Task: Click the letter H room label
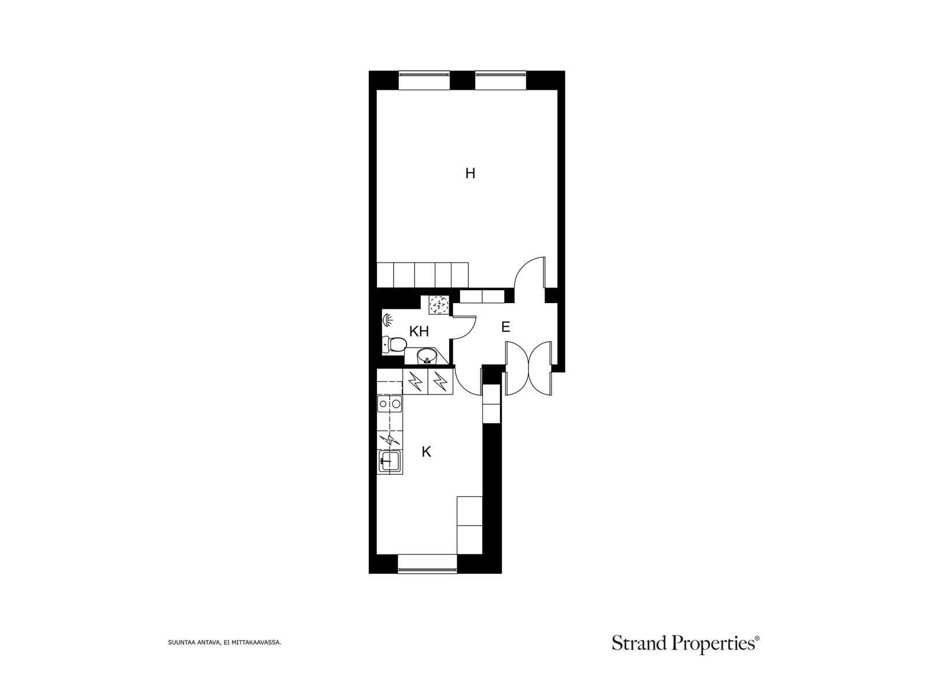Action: coord(470,173)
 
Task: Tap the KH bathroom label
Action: coord(419,331)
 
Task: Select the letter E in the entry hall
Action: coord(506,327)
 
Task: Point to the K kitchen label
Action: coord(427,452)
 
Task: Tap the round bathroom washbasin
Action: coord(427,356)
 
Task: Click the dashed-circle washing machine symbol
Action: coord(439,305)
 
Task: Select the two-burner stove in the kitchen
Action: coord(390,404)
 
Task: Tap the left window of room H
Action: coord(424,80)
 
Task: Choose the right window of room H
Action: coord(500,80)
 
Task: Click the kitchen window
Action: coord(427,564)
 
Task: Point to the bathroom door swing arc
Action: coord(471,333)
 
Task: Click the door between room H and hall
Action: coord(530,272)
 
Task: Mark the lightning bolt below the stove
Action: coord(390,440)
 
